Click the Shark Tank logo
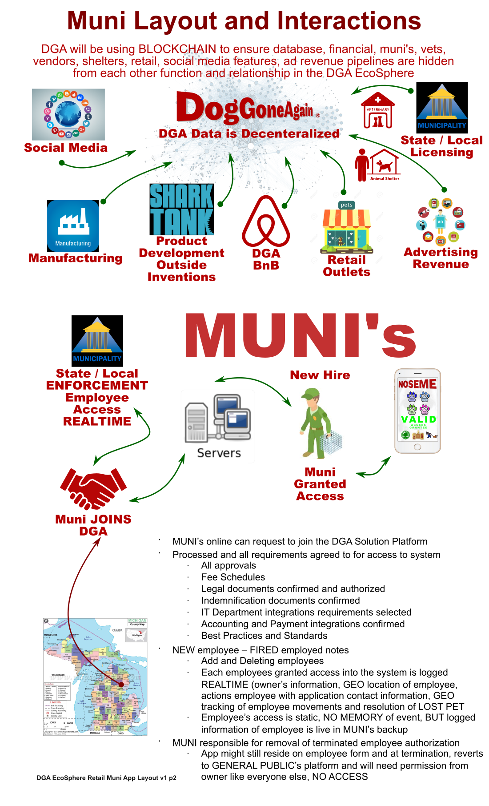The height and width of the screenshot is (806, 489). tap(182, 209)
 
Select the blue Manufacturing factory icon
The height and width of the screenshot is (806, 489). tap(73, 226)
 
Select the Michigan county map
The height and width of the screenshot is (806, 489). tap(95, 676)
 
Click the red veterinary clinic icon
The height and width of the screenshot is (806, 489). tap(378, 111)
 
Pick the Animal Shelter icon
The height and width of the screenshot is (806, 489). tap(378, 165)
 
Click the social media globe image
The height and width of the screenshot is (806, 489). tap(68, 114)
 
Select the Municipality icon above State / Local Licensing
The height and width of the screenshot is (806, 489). tap(442, 108)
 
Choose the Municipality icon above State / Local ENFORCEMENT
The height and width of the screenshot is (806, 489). tap(97, 341)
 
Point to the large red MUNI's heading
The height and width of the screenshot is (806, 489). tap(300, 337)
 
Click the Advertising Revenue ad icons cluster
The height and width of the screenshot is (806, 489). tap(441, 222)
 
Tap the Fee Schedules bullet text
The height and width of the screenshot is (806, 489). tap(233, 577)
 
